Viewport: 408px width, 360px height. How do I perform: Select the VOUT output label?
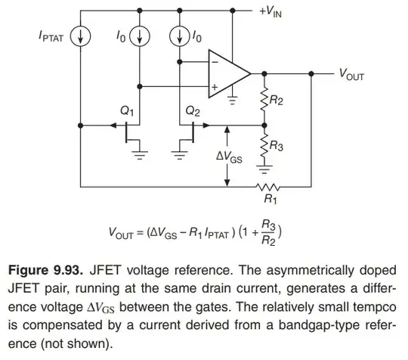[x=354, y=73]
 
